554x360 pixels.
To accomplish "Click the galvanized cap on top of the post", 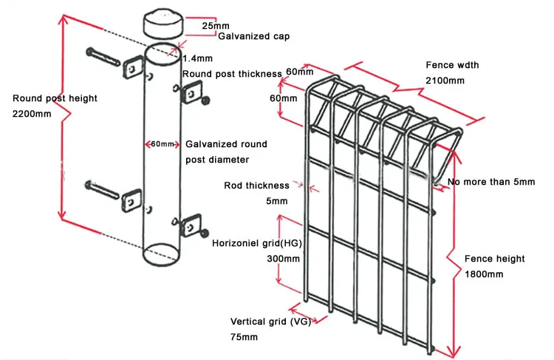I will coord(163,22).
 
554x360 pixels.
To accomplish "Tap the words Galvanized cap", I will coord(247,35).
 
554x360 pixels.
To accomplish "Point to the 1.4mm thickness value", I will coord(197,58).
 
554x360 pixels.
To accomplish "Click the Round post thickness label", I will coord(232,74).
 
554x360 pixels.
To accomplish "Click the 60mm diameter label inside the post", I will coord(163,143).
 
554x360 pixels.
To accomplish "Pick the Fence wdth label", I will coord(452,65).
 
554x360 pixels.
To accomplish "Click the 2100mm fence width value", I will coord(444,80).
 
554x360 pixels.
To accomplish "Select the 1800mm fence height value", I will coord(484,274).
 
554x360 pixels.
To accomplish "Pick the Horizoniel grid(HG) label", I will coord(256,243).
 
